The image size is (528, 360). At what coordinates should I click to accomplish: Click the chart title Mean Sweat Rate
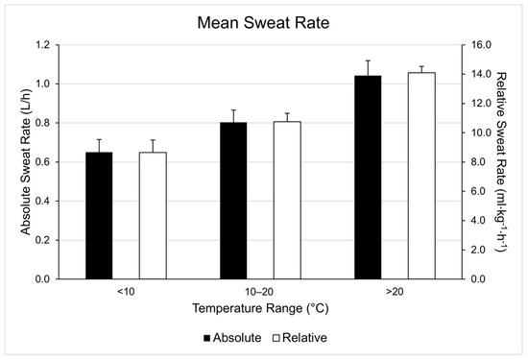(263, 20)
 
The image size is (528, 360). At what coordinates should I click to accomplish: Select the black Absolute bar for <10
(99, 216)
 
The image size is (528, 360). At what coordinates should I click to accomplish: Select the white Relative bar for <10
(153, 216)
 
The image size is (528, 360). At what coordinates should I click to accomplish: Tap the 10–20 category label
(259, 292)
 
